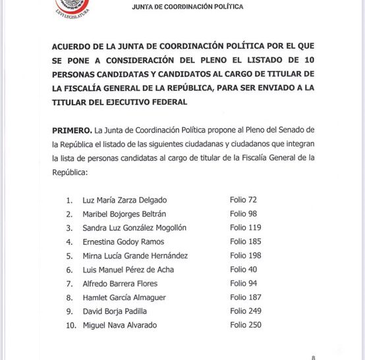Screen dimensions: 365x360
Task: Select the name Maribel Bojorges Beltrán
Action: point(124,214)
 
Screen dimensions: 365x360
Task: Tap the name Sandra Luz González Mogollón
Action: point(135,228)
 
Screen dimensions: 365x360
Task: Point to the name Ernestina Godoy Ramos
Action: point(122,242)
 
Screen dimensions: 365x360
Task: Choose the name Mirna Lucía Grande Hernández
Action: point(135,255)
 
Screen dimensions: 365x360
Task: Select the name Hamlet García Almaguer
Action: point(124,297)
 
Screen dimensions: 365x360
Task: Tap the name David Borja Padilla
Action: point(115,311)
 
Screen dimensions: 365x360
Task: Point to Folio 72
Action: point(243,199)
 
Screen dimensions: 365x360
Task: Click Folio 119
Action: point(245,228)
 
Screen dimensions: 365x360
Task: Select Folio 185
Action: point(245,242)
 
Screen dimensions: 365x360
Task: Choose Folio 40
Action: point(243,269)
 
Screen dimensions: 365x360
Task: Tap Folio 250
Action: point(245,325)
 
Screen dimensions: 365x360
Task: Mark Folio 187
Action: point(245,297)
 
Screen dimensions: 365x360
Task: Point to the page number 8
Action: point(313,356)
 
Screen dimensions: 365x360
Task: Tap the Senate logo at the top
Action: point(72,7)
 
